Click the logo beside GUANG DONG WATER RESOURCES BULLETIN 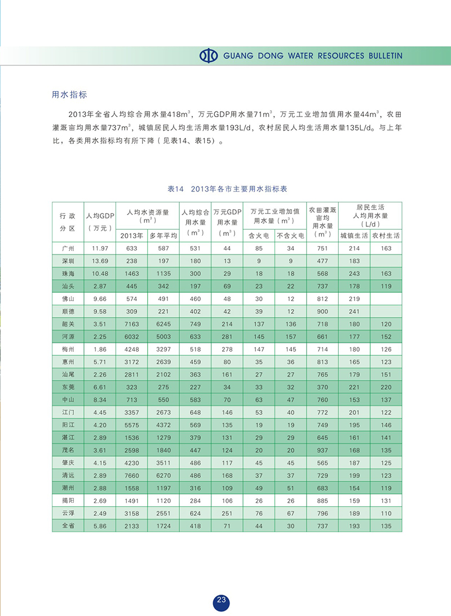[x=209, y=56]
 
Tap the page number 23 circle [x=222, y=601]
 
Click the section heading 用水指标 [x=69, y=95]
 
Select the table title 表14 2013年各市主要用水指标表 [x=227, y=189]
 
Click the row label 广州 [x=68, y=248]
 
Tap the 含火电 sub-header [x=259, y=236]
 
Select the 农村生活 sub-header [x=386, y=236]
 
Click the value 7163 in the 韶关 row [x=132, y=324]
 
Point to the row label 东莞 [x=68, y=387]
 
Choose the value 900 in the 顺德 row [x=322, y=311]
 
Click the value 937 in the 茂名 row [x=322, y=450]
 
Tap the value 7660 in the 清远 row [x=132, y=475]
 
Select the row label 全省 [x=68, y=525]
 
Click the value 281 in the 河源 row [x=227, y=337]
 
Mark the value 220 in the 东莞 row [x=386, y=387]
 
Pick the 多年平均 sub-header [x=163, y=236]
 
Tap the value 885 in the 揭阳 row [x=322, y=500]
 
